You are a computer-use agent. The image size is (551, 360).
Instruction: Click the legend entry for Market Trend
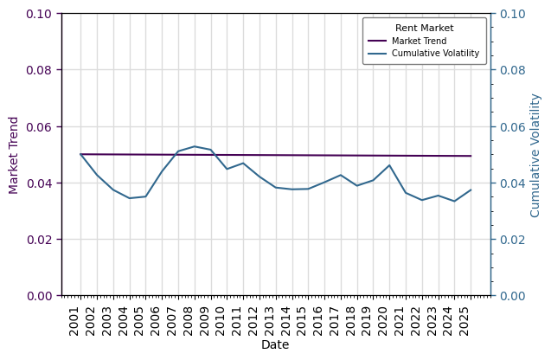click(x=419, y=41)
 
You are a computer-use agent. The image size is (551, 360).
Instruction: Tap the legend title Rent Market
click(x=424, y=29)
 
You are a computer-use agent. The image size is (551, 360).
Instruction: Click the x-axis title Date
click(x=275, y=345)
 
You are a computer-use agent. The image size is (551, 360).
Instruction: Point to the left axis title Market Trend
click(x=14, y=155)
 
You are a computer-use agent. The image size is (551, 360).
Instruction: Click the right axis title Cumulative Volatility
click(x=535, y=155)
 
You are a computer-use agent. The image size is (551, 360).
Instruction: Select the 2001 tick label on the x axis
click(x=74, y=320)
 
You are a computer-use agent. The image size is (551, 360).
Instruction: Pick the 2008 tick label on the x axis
click(x=189, y=320)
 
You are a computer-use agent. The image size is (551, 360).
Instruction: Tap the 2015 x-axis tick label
click(x=302, y=320)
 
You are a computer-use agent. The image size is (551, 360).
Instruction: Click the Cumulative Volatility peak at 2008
click(x=195, y=146)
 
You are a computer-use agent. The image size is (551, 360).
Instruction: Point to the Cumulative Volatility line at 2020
click(x=389, y=165)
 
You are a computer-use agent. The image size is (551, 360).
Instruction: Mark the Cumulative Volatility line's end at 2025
click(x=471, y=190)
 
